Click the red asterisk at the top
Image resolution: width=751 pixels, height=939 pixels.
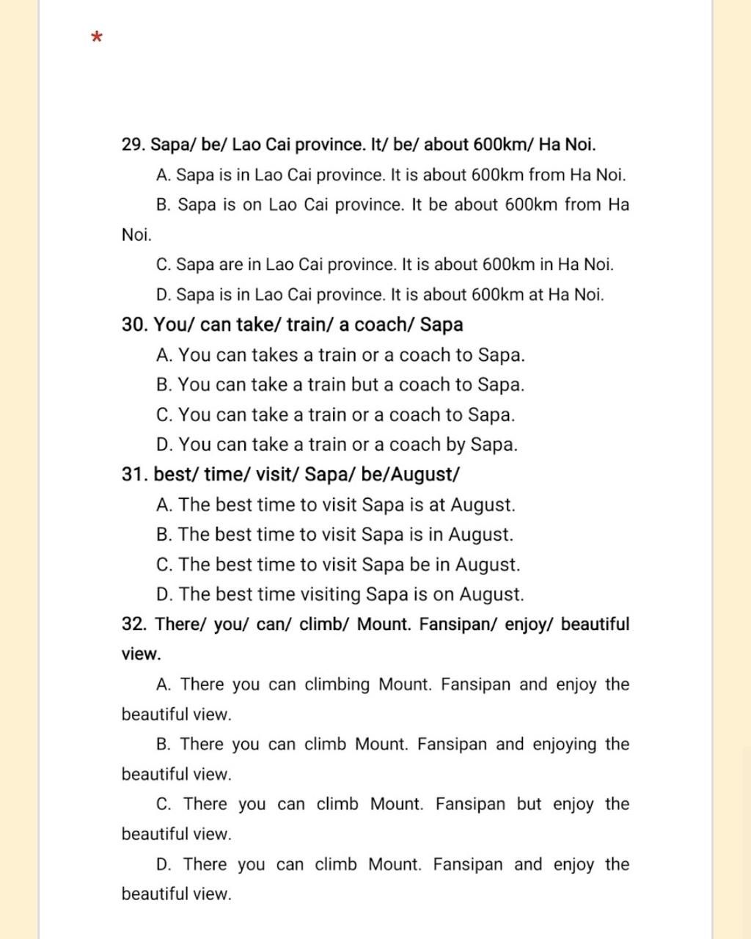click(97, 37)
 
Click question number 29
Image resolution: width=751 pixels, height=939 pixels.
click(133, 145)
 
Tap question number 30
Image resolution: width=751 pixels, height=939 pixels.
click(135, 324)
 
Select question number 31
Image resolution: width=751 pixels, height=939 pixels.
click(135, 475)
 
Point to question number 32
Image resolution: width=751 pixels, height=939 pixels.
click(135, 624)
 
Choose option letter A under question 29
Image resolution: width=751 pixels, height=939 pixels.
click(163, 175)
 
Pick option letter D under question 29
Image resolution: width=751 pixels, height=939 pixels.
click(163, 295)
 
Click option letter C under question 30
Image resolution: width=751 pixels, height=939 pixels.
click(164, 415)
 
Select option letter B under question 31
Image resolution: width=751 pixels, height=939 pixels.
click(163, 535)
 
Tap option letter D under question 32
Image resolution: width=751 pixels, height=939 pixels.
click(164, 864)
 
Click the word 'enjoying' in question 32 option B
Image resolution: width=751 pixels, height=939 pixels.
click(565, 745)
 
